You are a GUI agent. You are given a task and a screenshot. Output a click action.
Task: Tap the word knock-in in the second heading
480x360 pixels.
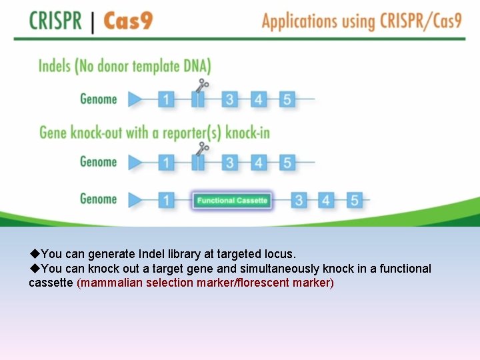click(x=247, y=132)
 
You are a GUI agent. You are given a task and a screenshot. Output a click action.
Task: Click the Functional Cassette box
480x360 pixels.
click(x=232, y=200)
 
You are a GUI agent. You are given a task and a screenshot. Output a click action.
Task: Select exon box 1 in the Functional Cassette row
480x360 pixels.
click(x=167, y=199)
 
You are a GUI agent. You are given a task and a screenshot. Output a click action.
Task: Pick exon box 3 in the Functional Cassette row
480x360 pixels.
click(x=299, y=199)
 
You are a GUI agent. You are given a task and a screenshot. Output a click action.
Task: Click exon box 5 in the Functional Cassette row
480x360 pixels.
click(x=355, y=199)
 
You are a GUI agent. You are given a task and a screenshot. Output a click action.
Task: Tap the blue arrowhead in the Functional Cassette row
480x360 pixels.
click(x=135, y=199)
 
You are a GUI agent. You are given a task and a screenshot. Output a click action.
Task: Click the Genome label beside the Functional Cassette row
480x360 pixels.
click(x=98, y=199)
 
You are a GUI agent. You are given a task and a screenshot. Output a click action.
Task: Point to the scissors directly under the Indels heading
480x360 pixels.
click(x=203, y=85)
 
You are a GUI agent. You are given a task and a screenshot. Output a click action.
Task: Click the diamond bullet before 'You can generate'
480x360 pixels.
click(x=35, y=254)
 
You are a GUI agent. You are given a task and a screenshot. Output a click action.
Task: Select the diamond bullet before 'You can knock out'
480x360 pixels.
click(x=35, y=269)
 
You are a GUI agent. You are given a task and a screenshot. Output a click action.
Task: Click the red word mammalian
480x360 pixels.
click(x=109, y=283)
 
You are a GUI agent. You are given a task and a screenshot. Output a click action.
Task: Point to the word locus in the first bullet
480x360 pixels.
click(x=280, y=254)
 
